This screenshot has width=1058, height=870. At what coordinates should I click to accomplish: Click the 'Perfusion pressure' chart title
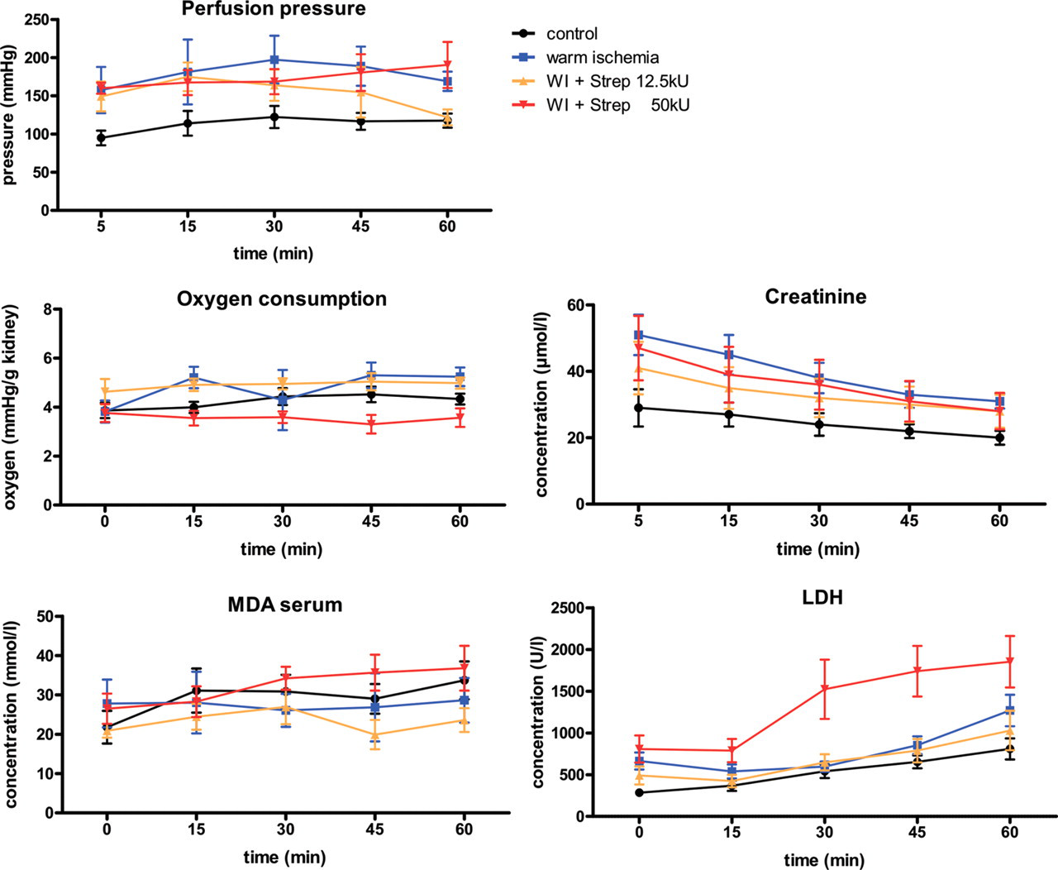pos(274,9)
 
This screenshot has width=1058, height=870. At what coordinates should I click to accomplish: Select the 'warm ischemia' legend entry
pos(585,57)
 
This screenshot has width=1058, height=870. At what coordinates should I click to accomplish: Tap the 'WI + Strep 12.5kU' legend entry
pos(600,81)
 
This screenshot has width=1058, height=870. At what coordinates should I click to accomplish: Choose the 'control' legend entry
pos(555,34)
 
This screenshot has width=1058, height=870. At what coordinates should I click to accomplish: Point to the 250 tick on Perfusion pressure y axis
pos(38,20)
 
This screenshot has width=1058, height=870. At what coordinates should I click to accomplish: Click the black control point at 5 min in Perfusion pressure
pos(102,137)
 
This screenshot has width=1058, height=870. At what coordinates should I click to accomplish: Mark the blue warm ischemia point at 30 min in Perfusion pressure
pos(274,60)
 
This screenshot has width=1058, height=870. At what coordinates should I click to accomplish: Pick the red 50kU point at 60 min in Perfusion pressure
pos(447,65)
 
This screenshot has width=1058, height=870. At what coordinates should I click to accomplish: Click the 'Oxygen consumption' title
pos(281,299)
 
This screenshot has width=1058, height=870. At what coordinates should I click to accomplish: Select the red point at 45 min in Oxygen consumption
pos(371,424)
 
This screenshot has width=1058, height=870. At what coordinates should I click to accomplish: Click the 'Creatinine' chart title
pos(816,297)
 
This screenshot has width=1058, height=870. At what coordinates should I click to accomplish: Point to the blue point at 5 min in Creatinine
pos(639,335)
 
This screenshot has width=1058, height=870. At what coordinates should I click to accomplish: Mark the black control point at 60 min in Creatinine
pos(999,437)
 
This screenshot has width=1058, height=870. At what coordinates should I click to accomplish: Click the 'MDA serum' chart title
pos(285,605)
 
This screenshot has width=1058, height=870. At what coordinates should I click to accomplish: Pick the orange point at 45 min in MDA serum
pos(374,735)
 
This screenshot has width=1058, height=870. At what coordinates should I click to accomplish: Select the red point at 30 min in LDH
pos(824,689)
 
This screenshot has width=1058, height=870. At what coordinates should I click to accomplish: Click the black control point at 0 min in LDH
pos(639,793)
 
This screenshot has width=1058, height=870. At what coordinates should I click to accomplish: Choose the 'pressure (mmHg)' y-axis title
pos(8,115)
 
